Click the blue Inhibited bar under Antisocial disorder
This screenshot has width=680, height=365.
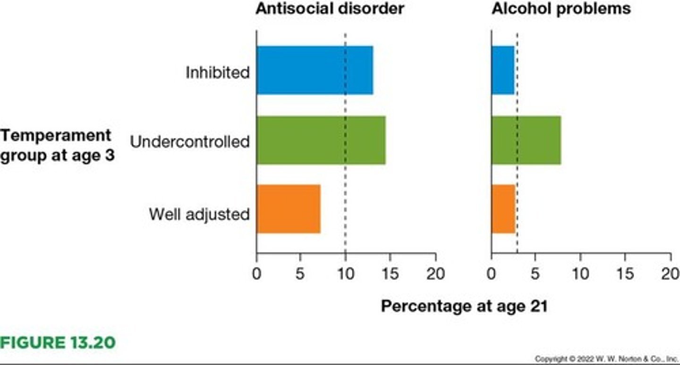tap(314, 70)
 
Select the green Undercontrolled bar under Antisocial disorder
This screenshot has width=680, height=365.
tap(321, 140)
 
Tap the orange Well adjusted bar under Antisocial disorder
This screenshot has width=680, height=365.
tap(289, 209)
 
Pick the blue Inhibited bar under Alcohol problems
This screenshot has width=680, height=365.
tap(502, 70)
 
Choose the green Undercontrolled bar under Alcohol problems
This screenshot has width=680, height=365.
tap(526, 140)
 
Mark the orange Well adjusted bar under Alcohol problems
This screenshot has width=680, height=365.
tap(503, 209)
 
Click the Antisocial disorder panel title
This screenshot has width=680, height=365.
tap(330, 8)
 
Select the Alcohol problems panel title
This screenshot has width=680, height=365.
tap(561, 8)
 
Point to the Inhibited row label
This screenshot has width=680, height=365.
tap(217, 73)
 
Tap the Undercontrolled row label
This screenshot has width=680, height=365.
tap(189, 142)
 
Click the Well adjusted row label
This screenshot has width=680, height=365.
tap(199, 215)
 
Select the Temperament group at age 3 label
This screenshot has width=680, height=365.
tap(57, 146)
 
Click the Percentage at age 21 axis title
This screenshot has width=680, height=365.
tap(464, 307)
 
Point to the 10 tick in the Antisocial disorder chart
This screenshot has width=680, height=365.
tap(345, 274)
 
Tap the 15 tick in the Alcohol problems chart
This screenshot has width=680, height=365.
tap(625, 274)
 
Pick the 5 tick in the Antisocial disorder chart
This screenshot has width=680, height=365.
tap(300, 274)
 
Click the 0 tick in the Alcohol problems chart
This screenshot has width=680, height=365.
tap(492, 274)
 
